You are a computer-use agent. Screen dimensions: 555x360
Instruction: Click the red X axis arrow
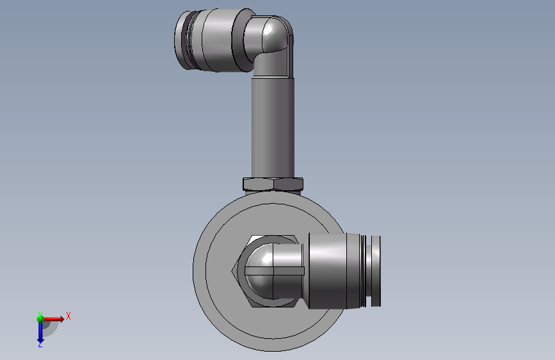coord(52,319)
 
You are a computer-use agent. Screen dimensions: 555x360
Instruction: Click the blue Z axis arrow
coord(40,332)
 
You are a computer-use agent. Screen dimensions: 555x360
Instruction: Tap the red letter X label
coord(68,316)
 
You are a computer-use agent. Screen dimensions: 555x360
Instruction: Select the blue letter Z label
coord(40,344)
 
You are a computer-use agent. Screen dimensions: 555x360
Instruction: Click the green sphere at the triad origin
coord(40,319)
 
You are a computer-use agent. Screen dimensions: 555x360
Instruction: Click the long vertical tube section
coord(273,127)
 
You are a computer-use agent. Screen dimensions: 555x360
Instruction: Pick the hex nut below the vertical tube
coord(273,184)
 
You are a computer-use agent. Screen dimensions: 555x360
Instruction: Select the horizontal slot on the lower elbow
coord(275,271)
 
